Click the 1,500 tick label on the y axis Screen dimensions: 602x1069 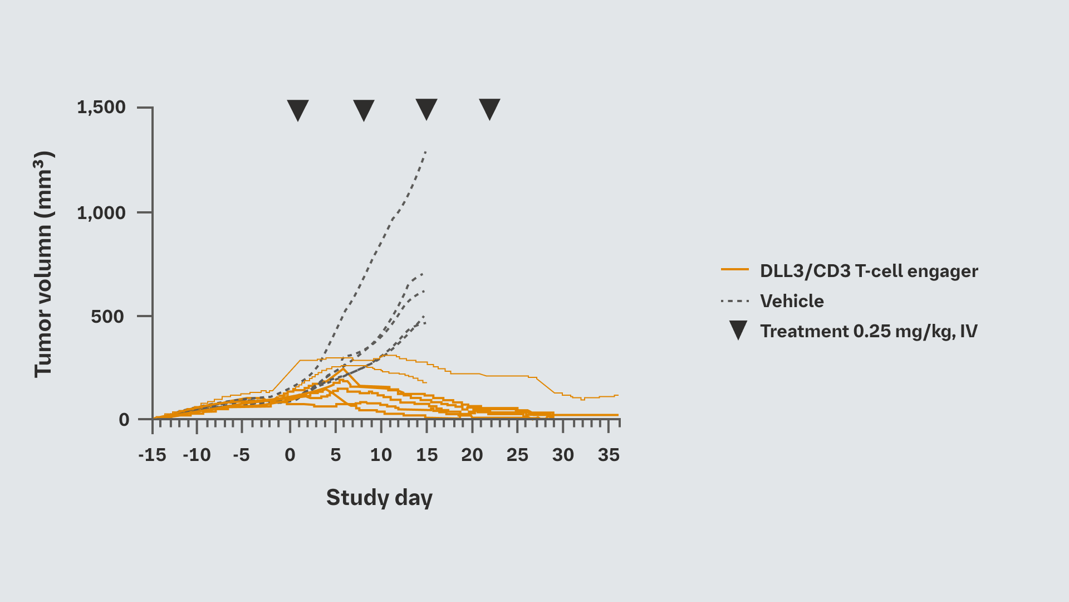101,107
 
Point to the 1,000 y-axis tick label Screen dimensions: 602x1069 101,212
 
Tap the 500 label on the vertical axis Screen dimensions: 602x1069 107,317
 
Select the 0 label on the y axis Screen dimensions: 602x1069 124,420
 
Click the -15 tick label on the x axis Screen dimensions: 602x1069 152,455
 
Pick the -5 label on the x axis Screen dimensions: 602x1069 241,455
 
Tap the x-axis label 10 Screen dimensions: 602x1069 381,455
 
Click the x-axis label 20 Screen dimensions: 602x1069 472,455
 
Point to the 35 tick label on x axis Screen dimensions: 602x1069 609,455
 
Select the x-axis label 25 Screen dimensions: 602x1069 517,455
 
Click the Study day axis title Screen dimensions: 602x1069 379,497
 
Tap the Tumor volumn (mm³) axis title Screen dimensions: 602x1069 43,264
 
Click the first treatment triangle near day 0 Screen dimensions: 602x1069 298,109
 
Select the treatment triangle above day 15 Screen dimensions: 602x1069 426,108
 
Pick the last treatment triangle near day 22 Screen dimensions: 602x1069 490,108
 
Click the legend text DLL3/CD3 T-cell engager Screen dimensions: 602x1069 869,271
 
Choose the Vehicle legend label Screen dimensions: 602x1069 792,301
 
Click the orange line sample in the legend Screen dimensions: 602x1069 735,270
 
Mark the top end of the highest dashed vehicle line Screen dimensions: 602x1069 426,151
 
